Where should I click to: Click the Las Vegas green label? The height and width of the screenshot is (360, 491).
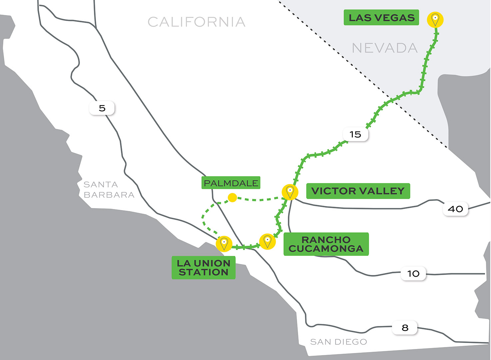pos(381,18)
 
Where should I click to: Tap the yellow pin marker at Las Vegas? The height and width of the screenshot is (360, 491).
pos(435,19)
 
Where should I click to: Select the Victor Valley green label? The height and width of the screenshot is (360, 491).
pos(358,191)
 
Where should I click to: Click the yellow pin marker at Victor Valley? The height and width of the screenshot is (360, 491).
pos(290,192)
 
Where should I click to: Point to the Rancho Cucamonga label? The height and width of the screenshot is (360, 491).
pos(326,244)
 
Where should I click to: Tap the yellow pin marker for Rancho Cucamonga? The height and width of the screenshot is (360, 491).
pos(267,241)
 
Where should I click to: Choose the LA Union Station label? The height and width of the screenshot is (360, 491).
pos(204,267)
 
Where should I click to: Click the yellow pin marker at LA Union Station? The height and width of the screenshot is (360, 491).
pos(224,244)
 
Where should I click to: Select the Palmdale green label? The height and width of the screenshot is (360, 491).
pos(231,183)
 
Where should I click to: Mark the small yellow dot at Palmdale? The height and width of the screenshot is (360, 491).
pos(232,198)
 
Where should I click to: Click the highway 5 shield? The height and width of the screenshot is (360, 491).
pos(102,108)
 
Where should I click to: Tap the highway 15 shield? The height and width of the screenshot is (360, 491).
pos(355,134)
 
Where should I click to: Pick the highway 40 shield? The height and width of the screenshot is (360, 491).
pos(455,209)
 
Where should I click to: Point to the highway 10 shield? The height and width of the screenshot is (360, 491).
pos(413,274)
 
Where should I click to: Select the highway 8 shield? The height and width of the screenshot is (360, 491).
pos(405,328)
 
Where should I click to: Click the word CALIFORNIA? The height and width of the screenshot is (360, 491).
pos(197,22)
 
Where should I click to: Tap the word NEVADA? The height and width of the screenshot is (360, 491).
pos(385,48)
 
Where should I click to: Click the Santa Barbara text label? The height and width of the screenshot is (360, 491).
pos(109,190)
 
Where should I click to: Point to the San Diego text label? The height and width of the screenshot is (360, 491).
pos(338,342)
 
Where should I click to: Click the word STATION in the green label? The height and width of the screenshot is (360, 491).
pos(204,272)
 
